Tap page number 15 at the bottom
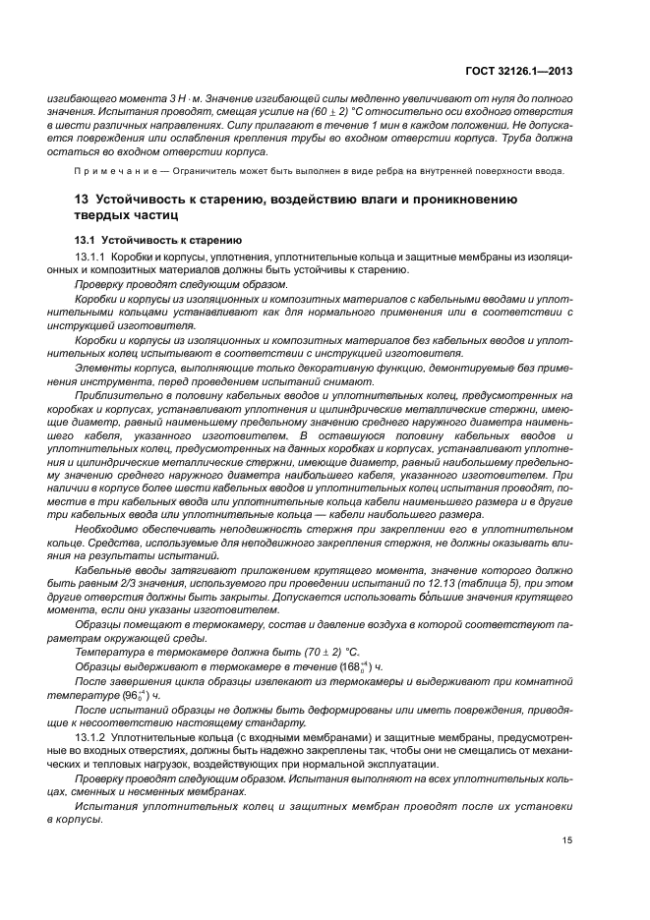click(567, 839)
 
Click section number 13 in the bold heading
click(82, 199)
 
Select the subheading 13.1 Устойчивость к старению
click(150, 240)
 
